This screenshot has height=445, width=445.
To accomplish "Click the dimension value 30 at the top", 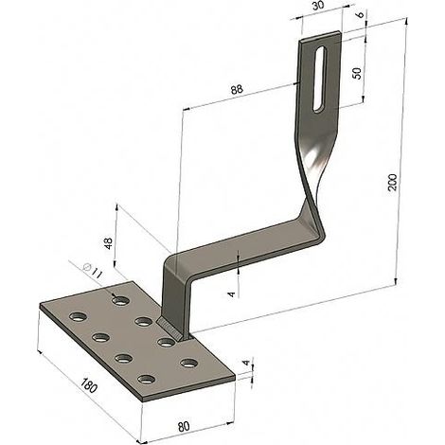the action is [319, 7].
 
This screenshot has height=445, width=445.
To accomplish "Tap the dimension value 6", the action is [362, 14].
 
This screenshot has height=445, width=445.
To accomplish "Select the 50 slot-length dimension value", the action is [357, 74].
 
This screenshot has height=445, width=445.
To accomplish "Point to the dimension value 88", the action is [237, 89].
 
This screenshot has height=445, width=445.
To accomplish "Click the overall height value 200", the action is [392, 182].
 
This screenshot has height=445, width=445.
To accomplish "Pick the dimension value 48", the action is [109, 243].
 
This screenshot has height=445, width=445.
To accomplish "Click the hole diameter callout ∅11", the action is [93, 271].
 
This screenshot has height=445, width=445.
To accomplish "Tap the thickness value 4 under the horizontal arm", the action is [232, 294].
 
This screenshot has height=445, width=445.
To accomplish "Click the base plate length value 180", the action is [88, 385].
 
